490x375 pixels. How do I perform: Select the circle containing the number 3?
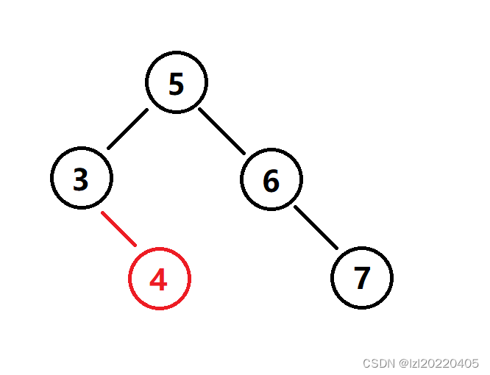[82, 178]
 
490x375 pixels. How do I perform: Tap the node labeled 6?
[271, 180]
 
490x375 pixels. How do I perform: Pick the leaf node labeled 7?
[361, 278]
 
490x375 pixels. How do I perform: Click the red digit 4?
[159, 279]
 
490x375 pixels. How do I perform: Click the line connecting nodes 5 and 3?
[127, 129]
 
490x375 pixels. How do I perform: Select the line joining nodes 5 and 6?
[221, 132]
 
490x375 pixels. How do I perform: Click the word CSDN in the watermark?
[380, 363]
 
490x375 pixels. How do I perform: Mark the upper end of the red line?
[102, 213]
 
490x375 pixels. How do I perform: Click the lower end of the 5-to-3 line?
[108, 149]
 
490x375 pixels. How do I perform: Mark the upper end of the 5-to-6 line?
[199, 110]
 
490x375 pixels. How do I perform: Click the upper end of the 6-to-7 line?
[296, 207]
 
